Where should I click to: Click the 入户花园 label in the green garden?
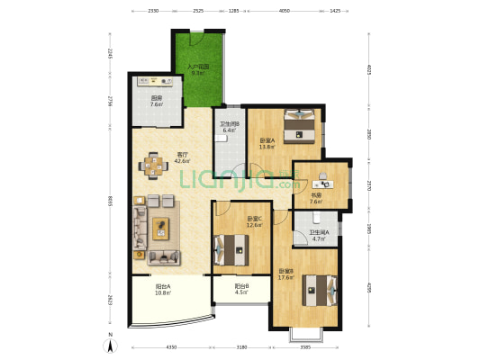tap(198, 69)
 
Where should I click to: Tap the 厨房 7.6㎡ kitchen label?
tap(156, 103)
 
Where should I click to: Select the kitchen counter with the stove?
tap(157, 81)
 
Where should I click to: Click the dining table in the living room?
tap(154, 165)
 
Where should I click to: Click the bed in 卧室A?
tap(298, 126)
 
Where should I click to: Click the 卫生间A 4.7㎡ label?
tap(320, 236)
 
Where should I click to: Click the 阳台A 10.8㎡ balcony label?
tap(163, 290)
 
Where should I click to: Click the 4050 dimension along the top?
tap(284, 12)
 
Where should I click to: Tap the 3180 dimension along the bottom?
tap(241, 346)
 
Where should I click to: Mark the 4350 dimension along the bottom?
tap(171, 346)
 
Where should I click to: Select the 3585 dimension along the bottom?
tap(305, 346)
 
